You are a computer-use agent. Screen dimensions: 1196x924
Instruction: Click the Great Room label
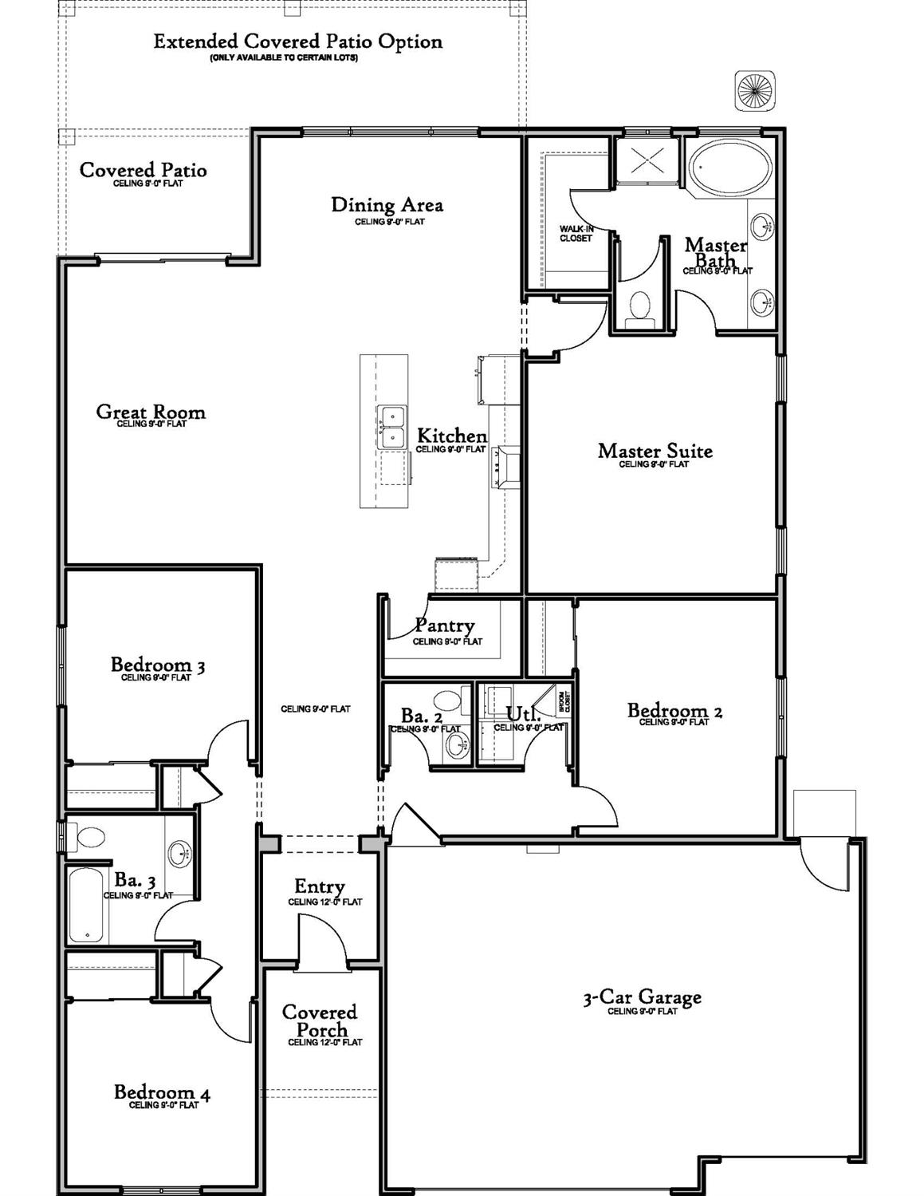point(151,412)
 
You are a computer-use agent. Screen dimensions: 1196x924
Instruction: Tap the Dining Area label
point(387,205)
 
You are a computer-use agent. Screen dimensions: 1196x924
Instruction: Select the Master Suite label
point(655,451)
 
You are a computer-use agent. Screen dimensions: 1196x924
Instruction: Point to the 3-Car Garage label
point(642,997)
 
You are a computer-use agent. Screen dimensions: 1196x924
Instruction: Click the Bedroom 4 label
point(162,1092)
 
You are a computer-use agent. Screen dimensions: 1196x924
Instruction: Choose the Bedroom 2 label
point(674,710)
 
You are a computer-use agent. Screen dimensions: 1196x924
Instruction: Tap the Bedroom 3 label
point(157,665)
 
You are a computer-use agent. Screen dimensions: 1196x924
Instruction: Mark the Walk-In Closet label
point(576,233)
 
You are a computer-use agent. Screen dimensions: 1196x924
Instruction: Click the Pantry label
point(444,626)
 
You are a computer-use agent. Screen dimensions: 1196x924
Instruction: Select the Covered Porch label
point(320,1021)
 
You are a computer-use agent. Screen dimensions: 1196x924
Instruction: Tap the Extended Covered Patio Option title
point(297,41)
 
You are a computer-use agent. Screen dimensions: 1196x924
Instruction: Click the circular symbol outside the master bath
point(754,89)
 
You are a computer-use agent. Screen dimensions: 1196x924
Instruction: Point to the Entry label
point(320,886)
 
